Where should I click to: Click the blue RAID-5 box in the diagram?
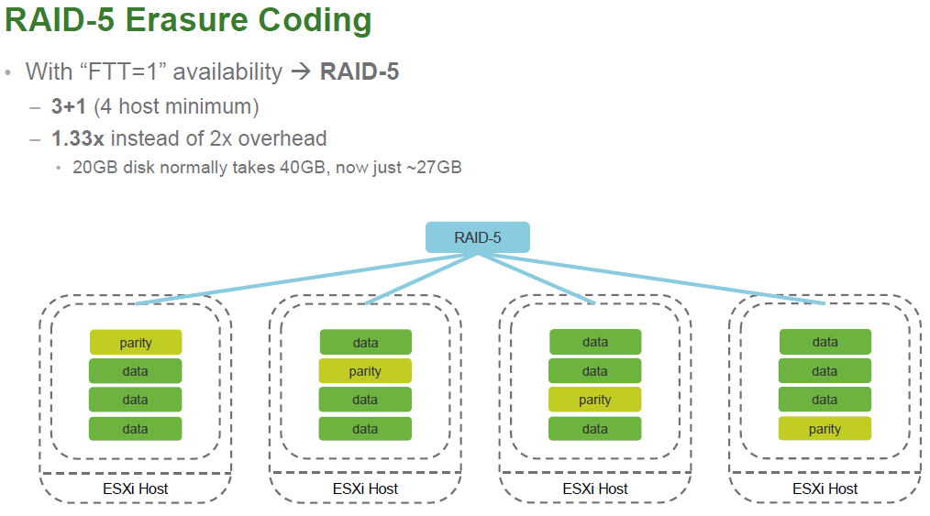[x=478, y=237]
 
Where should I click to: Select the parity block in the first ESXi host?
[x=135, y=343]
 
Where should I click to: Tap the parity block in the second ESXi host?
[x=365, y=371]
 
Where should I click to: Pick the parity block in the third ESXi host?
[x=595, y=400]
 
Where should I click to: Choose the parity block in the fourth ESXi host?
[x=825, y=428]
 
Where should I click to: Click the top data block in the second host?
[x=365, y=343]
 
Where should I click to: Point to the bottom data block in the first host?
[x=135, y=428]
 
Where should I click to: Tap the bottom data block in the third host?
[x=595, y=428]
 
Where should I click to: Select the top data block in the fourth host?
[x=825, y=342]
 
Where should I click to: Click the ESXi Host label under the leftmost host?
[x=135, y=489]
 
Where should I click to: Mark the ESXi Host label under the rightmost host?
[x=825, y=489]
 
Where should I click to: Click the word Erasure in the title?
[x=186, y=19]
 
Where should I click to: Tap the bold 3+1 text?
[x=69, y=106]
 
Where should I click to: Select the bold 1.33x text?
[x=78, y=138]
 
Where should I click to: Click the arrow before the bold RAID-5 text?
[x=302, y=72]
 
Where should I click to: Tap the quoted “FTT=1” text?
[x=123, y=71]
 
